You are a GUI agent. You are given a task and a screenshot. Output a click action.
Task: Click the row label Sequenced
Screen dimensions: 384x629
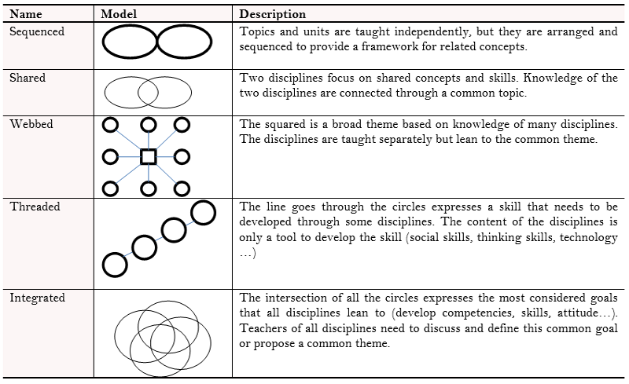(x=37, y=32)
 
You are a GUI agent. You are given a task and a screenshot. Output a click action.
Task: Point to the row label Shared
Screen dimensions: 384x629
(x=28, y=79)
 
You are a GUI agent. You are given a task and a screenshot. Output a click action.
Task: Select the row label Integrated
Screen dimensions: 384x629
(x=38, y=298)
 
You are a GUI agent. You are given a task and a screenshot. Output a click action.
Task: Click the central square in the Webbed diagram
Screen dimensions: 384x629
(x=148, y=157)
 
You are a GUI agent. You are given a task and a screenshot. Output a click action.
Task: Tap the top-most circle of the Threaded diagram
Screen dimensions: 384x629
(x=203, y=212)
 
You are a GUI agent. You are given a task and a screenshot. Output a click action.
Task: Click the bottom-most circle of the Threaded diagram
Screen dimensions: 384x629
(x=115, y=265)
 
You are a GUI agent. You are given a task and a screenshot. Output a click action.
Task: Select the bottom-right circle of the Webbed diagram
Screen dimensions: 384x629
(x=182, y=189)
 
